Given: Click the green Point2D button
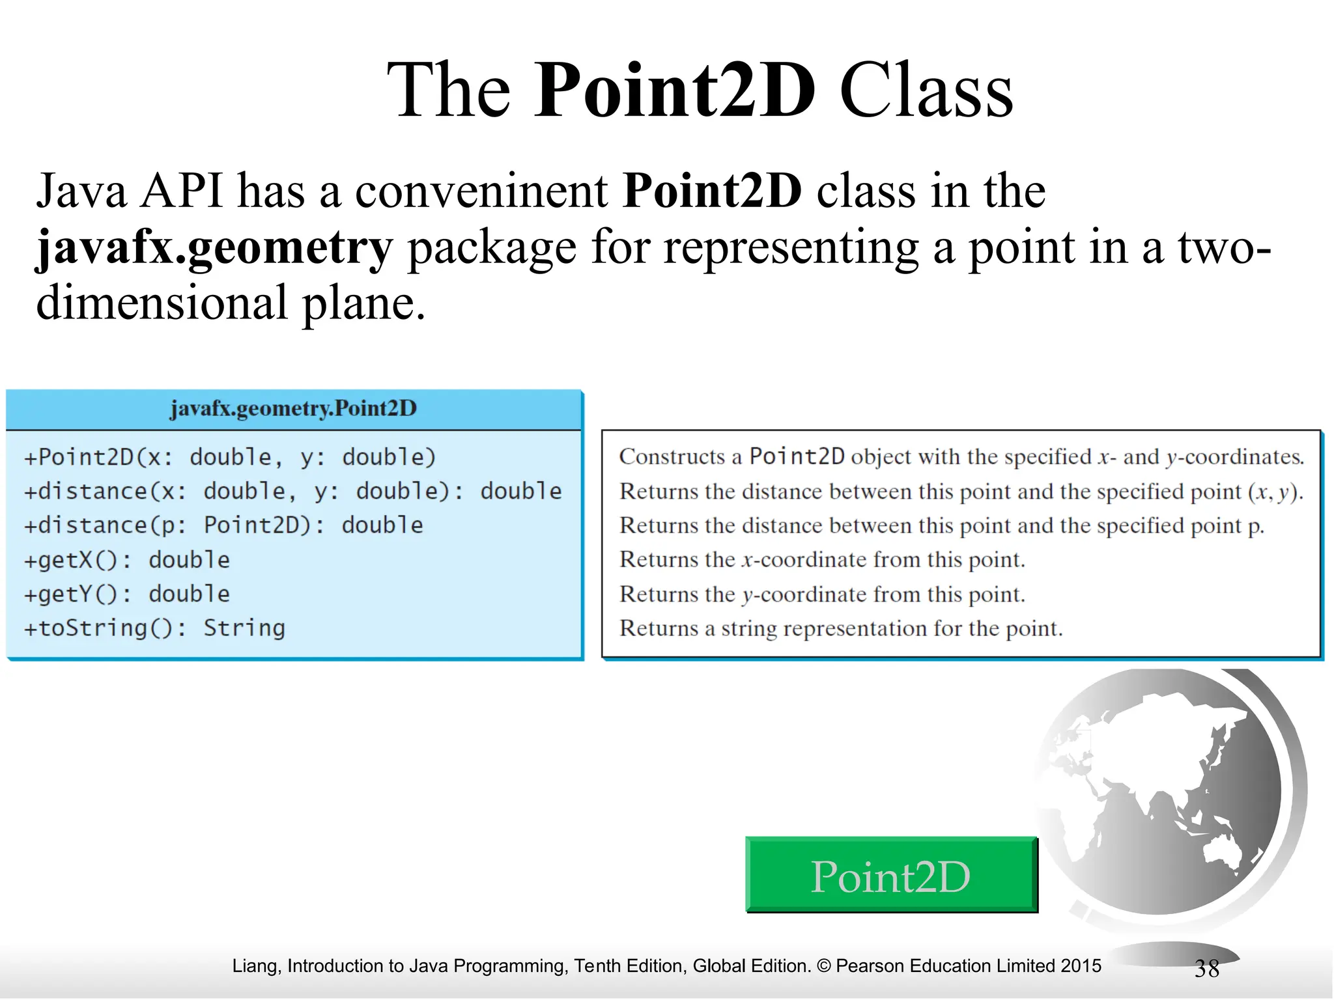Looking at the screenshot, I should coord(890,876).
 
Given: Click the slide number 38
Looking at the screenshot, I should coord(1206,969).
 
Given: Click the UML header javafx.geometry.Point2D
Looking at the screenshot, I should coord(293,409).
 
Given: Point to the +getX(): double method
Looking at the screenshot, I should coord(127,560).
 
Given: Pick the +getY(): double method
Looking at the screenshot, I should coord(127,594).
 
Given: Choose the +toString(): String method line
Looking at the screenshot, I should coord(154,628).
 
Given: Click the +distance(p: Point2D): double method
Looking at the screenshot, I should coord(223,525).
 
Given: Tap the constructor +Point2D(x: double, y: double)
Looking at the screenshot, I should coord(230,457).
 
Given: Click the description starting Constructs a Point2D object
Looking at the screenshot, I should coord(961,457).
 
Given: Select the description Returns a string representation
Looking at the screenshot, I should coord(840,628).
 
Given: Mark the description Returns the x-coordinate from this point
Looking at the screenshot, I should coord(822,560).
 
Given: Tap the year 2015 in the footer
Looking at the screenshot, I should coord(1081,965).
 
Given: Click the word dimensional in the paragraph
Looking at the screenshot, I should coord(162,303).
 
